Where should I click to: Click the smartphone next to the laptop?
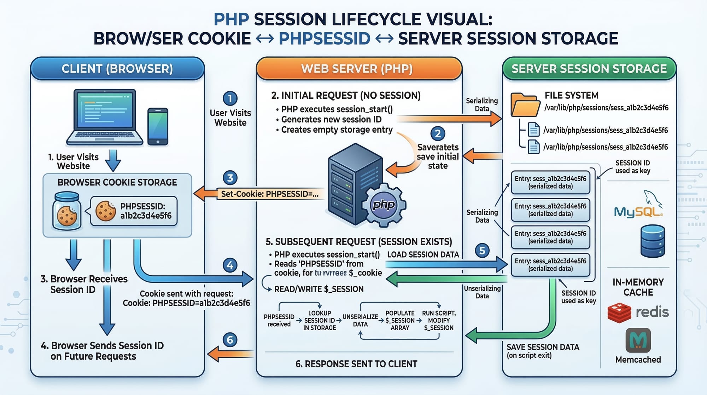pos(158,126)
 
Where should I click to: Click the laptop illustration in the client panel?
pos(105,117)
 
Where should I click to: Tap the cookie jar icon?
pos(66,211)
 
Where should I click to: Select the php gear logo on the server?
pos(384,205)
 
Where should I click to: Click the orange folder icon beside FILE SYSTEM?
pos(525,105)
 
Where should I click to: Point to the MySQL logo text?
pos(638,212)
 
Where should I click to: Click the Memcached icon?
pos(638,340)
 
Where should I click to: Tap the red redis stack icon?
pos(619,313)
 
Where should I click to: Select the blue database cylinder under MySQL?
pos(653,241)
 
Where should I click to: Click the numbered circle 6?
pos(230,340)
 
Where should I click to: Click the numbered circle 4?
pos(230,265)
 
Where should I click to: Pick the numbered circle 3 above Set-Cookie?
pos(230,178)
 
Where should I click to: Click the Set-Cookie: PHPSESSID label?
pos(269,194)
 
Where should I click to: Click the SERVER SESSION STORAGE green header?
pos(589,69)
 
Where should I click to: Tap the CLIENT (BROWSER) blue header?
pos(117,69)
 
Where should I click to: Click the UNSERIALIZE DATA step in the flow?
pos(360,320)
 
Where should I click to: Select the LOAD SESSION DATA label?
pos(423,254)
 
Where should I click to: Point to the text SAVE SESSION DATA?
pos(543,347)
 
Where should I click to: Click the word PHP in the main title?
pos(232,19)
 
